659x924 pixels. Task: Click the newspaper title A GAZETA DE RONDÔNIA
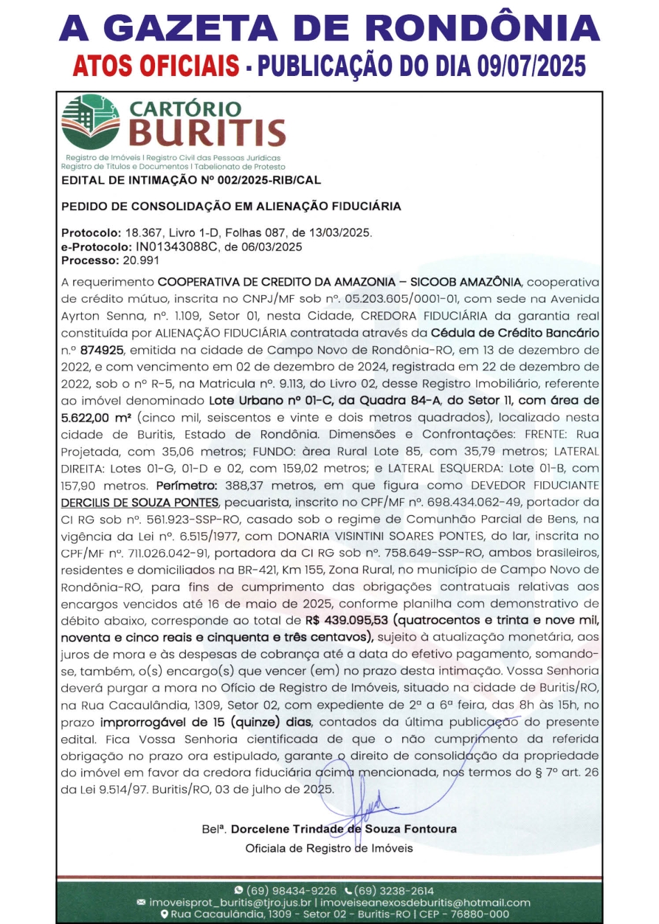point(329,27)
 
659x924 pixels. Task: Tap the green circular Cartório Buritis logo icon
point(91,122)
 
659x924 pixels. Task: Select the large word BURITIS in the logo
point(209,133)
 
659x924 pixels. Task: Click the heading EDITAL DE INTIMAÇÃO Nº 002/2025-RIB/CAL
point(191,179)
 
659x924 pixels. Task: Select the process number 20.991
point(137,261)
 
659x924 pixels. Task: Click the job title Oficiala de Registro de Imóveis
point(329,848)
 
